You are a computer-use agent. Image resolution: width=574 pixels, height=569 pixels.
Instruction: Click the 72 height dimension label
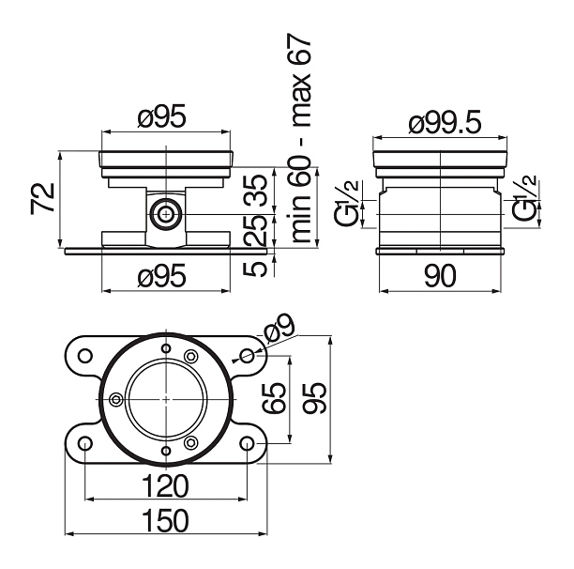click(x=43, y=198)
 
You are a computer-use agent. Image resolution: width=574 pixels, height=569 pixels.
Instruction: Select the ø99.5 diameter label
click(x=445, y=123)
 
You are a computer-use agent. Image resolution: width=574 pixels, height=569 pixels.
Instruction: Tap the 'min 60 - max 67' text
click(x=300, y=138)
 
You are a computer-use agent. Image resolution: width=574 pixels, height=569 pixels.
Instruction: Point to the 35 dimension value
click(x=256, y=191)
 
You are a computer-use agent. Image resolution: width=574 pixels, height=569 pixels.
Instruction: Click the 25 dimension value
click(x=256, y=230)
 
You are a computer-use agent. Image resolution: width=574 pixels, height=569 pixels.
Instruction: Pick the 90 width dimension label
click(x=440, y=276)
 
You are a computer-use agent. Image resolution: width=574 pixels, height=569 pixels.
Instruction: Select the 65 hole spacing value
click(x=275, y=398)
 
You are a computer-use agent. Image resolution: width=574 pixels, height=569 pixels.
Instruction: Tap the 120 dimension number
click(x=165, y=485)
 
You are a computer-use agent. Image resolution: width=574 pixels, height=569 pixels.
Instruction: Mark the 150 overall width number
click(x=165, y=520)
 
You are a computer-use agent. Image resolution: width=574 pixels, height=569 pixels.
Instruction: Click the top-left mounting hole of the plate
click(x=85, y=356)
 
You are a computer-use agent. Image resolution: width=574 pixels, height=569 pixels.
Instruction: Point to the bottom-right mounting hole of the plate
click(x=247, y=443)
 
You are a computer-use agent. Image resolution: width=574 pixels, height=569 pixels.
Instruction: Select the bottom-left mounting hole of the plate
click(x=85, y=443)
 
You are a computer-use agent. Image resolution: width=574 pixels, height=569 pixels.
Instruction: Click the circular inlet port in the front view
click(x=166, y=214)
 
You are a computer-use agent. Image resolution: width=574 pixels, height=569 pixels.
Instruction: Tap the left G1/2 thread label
click(x=346, y=204)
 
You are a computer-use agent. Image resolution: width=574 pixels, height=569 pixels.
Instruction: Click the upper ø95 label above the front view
click(x=162, y=116)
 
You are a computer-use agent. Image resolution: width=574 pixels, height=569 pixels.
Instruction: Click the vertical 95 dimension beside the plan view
click(x=315, y=398)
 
